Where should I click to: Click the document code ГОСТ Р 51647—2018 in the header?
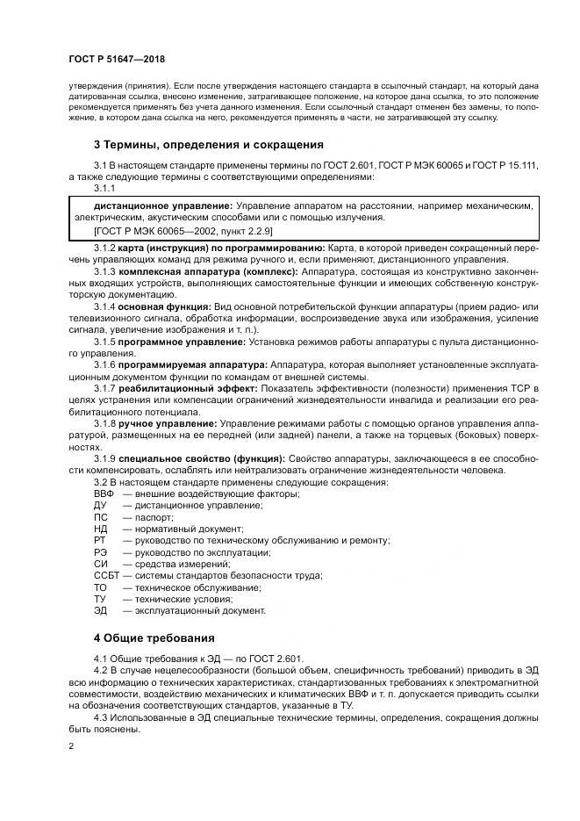coord(115,60)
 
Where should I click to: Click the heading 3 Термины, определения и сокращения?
coord(209,144)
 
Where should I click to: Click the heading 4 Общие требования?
coord(154,637)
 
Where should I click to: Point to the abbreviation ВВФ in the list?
coord(104,494)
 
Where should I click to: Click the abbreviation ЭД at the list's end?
coord(99,609)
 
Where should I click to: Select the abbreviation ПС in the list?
coord(100,518)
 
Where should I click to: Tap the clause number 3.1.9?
coord(104,458)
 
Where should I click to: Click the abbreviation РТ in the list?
coord(99,541)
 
